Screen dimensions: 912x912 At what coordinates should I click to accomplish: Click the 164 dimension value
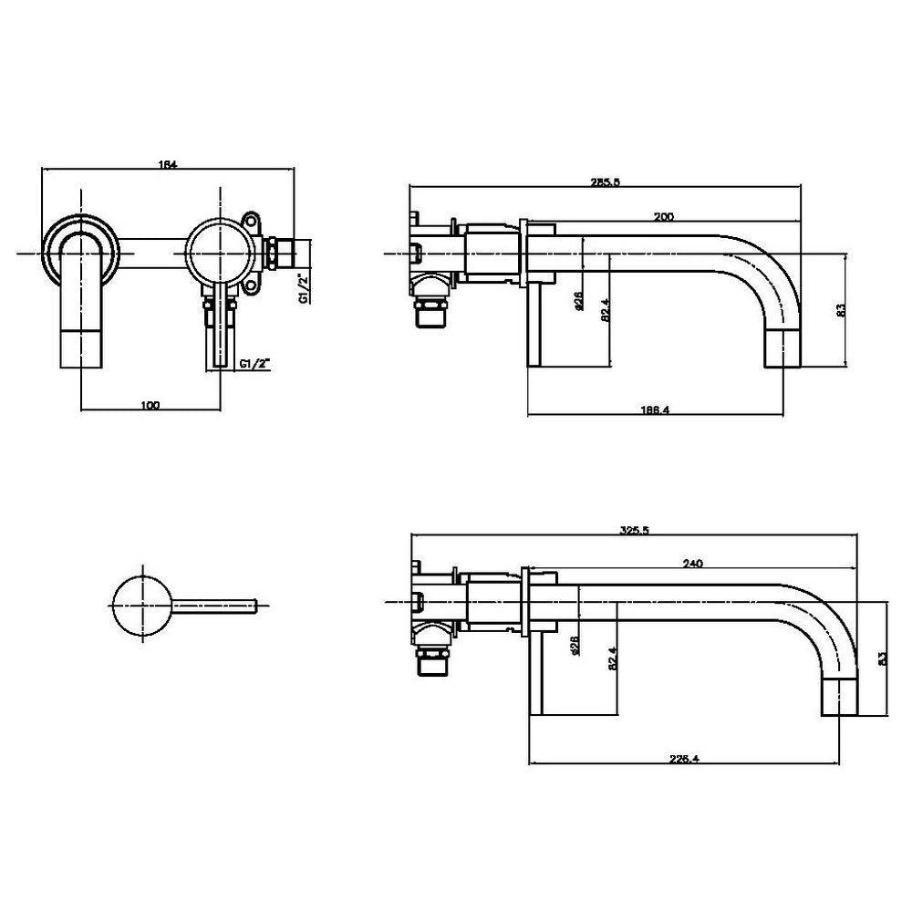167,165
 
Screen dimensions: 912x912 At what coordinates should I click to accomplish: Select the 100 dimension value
150,405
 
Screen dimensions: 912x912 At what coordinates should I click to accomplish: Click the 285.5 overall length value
606,181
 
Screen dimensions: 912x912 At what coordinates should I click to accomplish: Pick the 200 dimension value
664,217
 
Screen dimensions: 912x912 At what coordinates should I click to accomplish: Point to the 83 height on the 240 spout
881,658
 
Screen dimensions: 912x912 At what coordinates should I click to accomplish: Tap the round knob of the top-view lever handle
141,605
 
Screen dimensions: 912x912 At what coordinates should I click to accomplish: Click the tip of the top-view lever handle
261,605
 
